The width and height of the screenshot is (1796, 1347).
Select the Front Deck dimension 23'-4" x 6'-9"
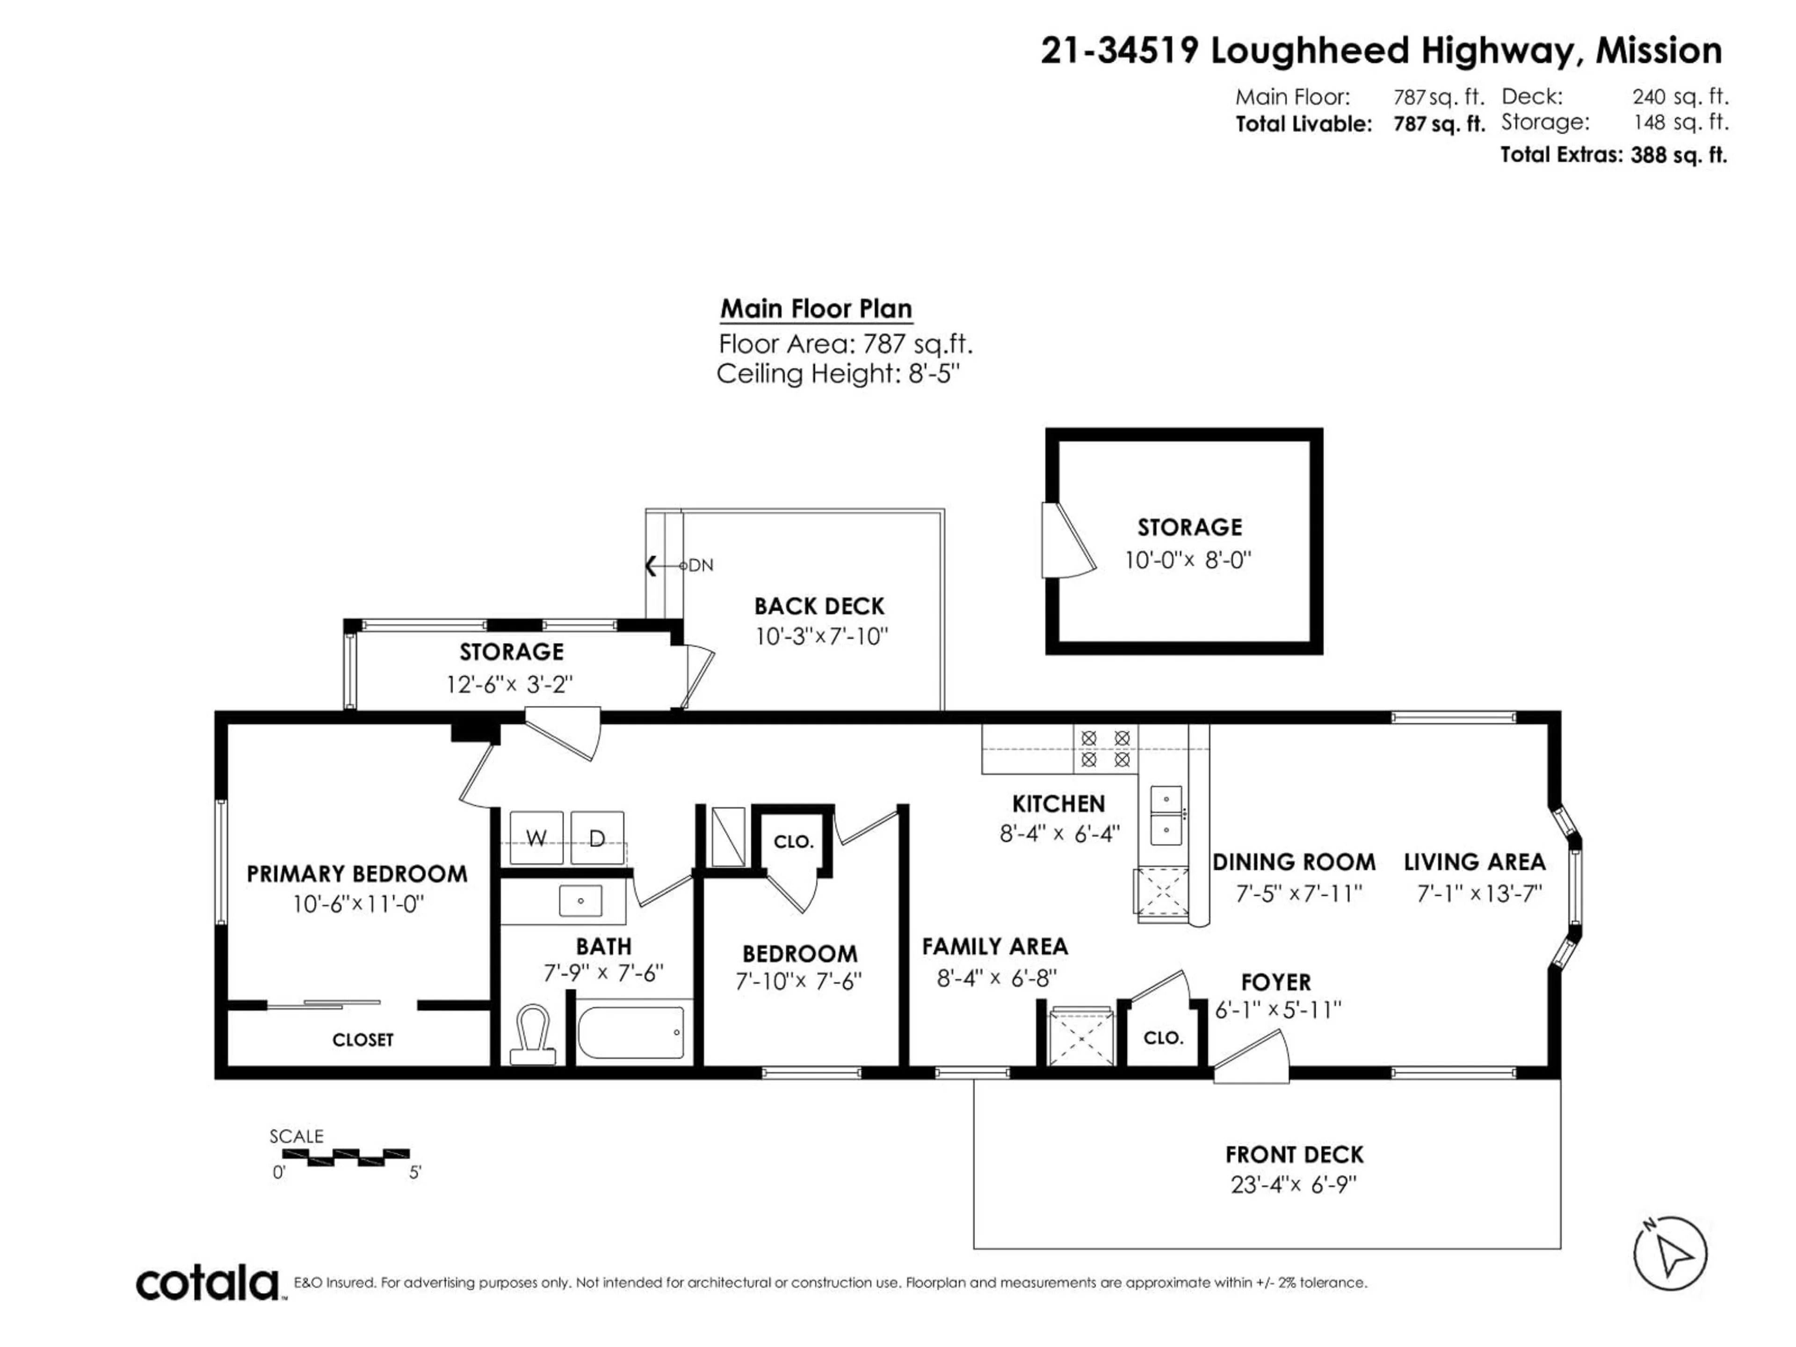1293,1185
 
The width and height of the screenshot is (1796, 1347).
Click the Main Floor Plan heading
816,309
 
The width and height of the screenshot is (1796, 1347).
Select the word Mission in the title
1658,51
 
